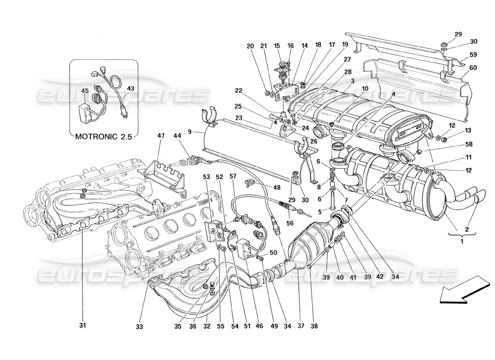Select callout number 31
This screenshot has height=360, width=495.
(82, 325)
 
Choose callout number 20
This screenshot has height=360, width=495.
(250, 45)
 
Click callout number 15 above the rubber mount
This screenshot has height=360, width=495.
(277, 45)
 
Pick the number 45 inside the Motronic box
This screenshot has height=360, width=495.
(85, 90)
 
